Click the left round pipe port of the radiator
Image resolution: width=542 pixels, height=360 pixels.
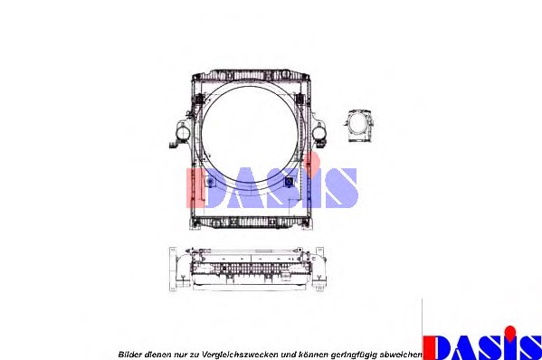[x=182, y=134]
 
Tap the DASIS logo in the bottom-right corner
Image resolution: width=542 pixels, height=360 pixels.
[x=482, y=344]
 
